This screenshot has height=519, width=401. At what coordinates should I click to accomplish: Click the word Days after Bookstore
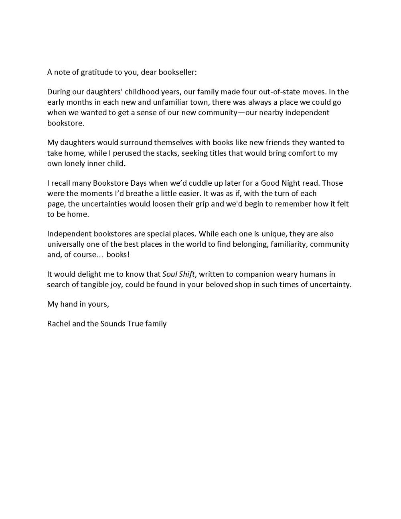(x=138, y=183)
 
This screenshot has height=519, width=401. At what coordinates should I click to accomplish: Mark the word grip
(x=199, y=204)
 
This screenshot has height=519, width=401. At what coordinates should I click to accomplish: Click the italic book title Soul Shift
(x=179, y=274)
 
